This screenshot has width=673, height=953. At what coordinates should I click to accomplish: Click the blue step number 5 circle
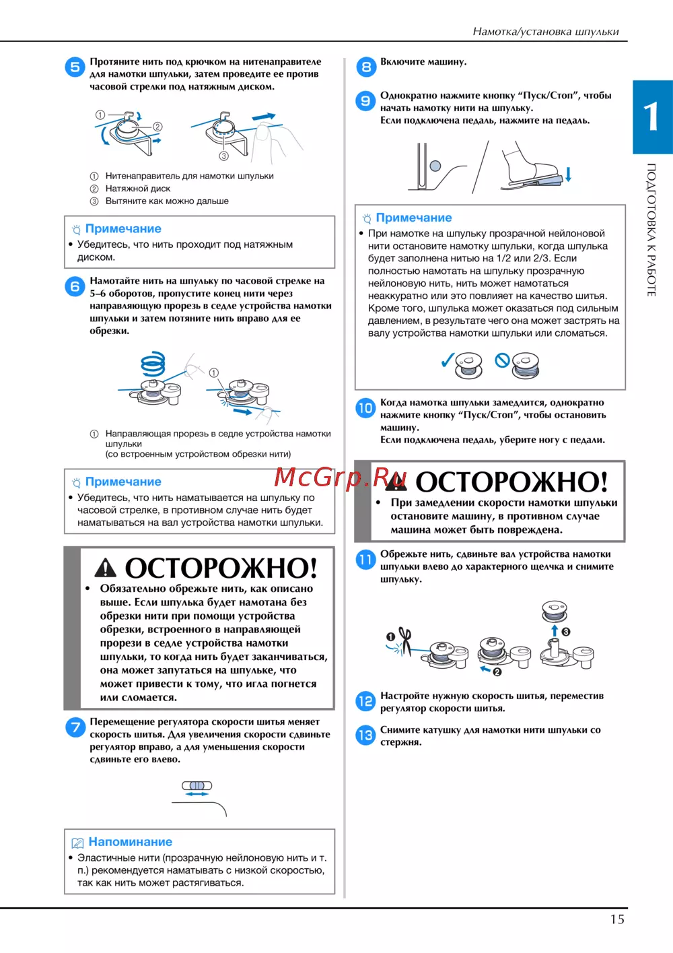(75, 67)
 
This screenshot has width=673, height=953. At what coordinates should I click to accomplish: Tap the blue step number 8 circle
(365, 67)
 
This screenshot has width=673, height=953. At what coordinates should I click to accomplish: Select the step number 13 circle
(365, 735)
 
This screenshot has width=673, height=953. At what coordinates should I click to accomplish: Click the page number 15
(617, 919)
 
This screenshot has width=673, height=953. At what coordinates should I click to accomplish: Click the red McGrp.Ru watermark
(340, 477)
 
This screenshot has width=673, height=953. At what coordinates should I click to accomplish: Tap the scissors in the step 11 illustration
(405, 641)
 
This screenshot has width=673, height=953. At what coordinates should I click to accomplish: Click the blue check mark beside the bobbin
(448, 360)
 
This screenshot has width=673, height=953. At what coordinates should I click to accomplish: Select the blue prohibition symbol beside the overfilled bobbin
(502, 360)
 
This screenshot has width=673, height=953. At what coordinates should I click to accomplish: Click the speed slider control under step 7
(197, 785)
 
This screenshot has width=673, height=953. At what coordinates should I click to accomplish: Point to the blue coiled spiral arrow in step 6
(153, 363)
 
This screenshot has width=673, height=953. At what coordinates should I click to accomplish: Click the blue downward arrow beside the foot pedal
(568, 174)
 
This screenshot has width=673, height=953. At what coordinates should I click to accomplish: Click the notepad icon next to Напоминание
(77, 843)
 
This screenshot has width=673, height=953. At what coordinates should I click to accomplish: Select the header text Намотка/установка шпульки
(546, 32)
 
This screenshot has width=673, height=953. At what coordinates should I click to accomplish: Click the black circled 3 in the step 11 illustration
(566, 632)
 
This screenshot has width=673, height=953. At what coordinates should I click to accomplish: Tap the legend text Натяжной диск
(138, 189)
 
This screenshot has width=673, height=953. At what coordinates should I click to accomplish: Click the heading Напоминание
(130, 841)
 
